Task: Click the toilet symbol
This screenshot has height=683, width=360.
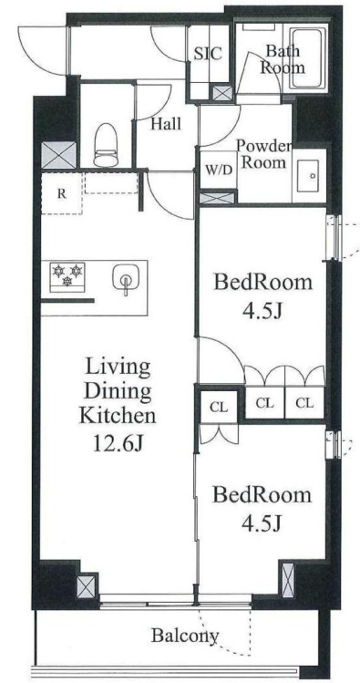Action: click(x=106, y=145)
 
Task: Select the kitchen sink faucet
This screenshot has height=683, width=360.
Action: click(x=126, y=280)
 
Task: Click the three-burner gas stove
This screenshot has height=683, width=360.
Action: click(x=67, y=276)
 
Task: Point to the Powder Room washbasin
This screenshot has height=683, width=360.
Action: click(x=308, y=176)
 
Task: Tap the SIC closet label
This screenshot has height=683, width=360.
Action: click(x=208, y=54)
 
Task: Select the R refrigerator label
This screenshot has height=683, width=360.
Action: click(x=62, y=194)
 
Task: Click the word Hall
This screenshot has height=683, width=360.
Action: click(x=166, y=125)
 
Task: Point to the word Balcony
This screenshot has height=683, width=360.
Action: click(x=185, y=636)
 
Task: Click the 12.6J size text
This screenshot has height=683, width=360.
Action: click(x=118, y=444)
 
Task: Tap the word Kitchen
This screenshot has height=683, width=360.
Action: click(x=117, y=415)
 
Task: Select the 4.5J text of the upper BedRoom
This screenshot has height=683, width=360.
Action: click(x=262, y=311)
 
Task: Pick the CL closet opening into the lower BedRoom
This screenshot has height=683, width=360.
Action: click(x=219, y=407)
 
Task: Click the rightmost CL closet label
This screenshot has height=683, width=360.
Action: click(x=304, y=403)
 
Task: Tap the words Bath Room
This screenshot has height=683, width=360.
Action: click(x=285, y=59)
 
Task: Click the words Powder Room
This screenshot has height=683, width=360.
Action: click(x=264, y=154)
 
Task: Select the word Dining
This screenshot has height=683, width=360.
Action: click(x=118, y=391)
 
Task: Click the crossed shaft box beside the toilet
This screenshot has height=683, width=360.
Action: click(x=58, y=155)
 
